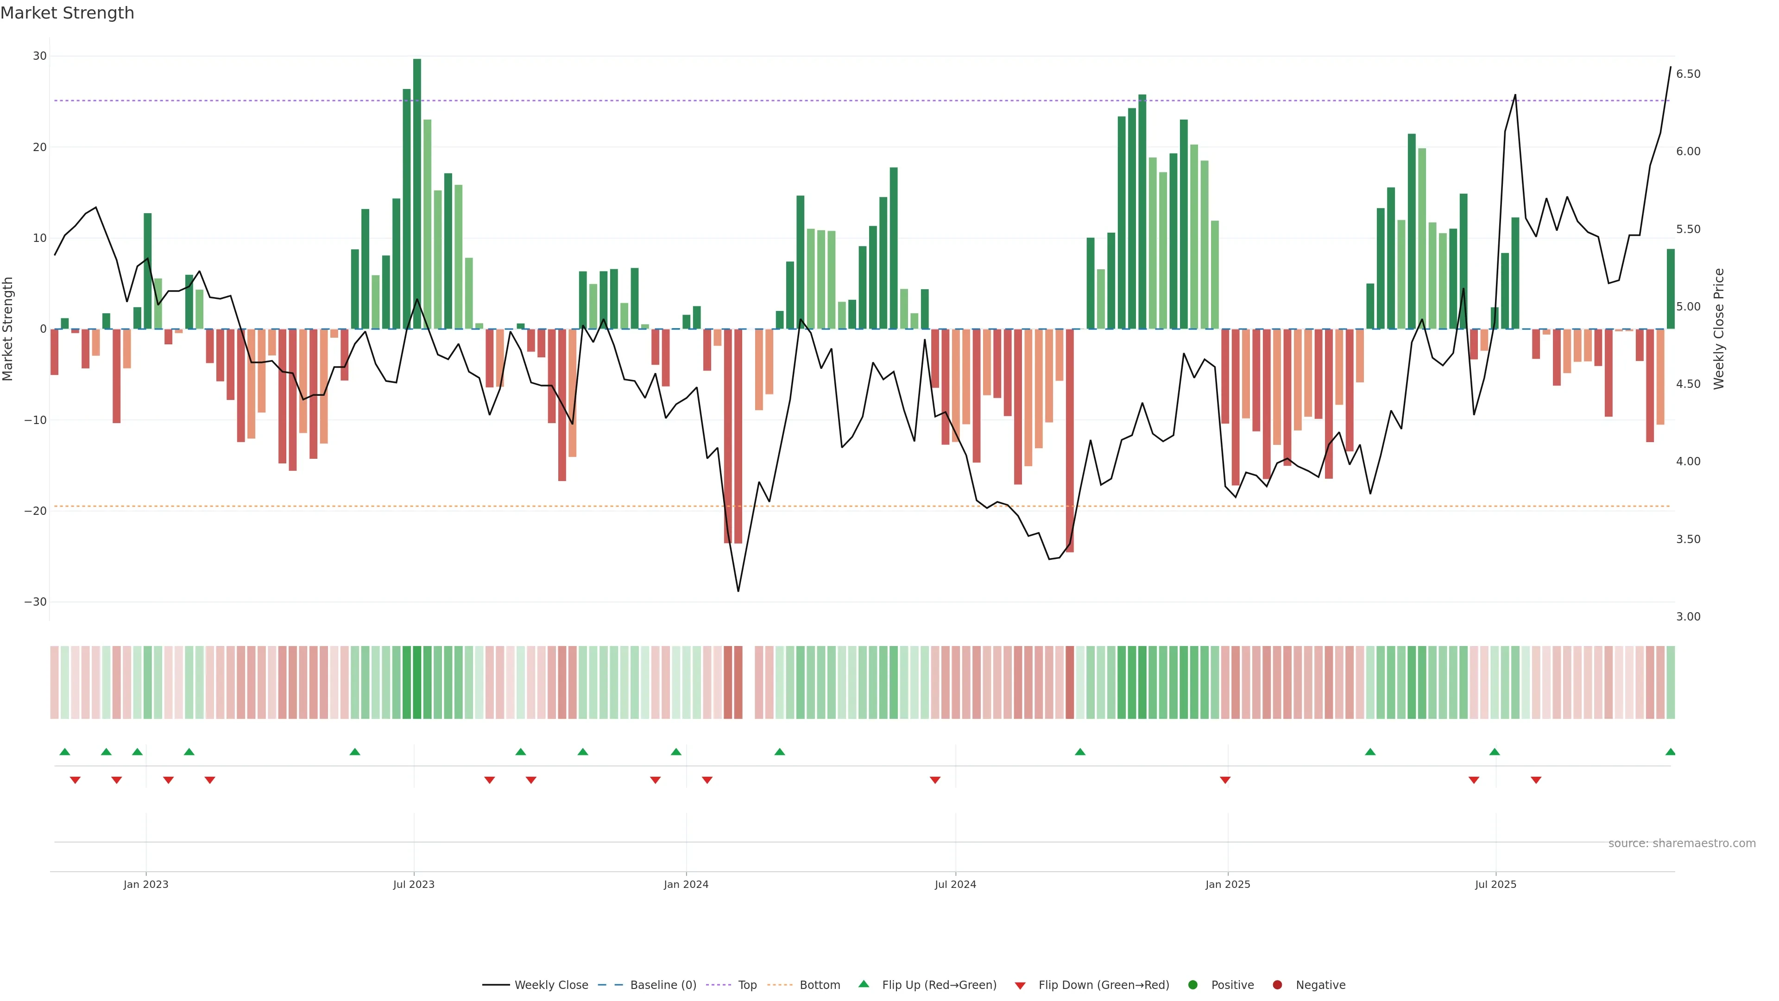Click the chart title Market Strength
pyautogui.click(x=67, y=13)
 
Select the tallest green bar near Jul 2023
pyautogui.click(x=416, y=193)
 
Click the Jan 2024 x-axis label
pyautogui.click(x=686, y=884)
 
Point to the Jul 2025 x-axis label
pyautogui.click(x=1495, y=884)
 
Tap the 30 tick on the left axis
pyautogui.click(x=39, y=56)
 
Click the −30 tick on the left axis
pyautogui.click(x=35, y=602)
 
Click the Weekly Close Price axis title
pyautogui.click(x=1719, y=329)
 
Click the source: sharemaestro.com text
pyautogui.click(x=1682, y=843)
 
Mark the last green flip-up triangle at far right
pyautogui.click(x=1670, y=752)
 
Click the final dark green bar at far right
pyautogui.click(x=1670, y=289)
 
